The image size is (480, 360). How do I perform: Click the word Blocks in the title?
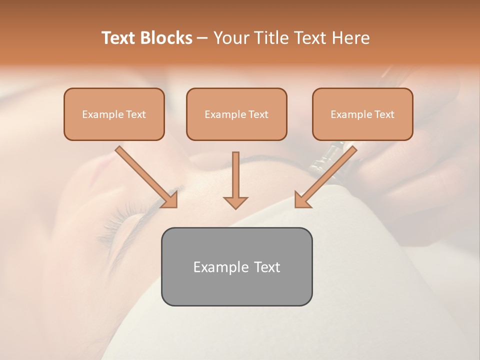[167, 38]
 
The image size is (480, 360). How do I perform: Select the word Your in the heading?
[229, 38]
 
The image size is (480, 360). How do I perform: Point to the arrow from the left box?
[145, 175]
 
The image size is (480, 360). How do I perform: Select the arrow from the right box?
[327, 175]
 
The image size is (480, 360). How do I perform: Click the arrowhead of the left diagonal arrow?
[170, 200]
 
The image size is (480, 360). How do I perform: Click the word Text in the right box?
[384, 114]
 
